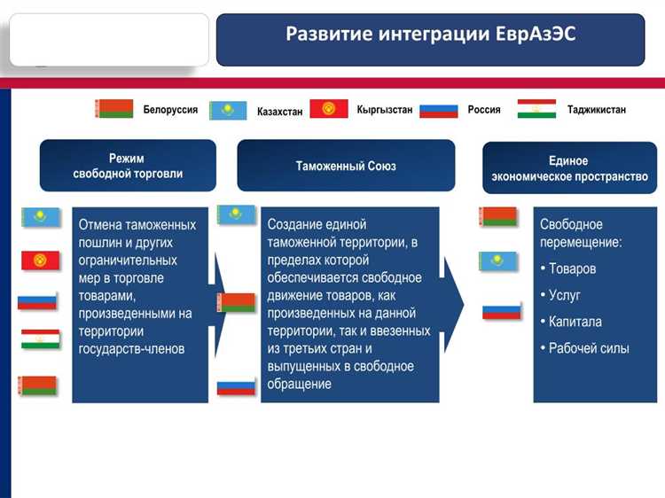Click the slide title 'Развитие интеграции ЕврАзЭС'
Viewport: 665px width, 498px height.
(430, 35)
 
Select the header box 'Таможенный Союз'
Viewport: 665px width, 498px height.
(346, 166)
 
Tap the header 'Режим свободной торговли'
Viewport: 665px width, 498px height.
(128, 166)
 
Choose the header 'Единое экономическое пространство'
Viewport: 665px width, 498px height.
(569, 168)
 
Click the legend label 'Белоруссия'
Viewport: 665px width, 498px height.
(170, 110)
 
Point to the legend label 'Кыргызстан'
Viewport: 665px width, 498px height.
(384, 110)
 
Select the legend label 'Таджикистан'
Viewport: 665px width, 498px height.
(596, 110)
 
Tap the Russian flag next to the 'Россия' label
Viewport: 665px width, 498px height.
(438, 110)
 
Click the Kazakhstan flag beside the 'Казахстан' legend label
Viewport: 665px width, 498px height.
(228, 111)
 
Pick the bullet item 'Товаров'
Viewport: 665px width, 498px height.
(572, 268)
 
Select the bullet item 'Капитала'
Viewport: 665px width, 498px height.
(575, 322)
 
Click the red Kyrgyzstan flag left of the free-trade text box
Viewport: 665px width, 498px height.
(40, 260)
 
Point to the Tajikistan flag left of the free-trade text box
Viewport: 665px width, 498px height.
(40, 338)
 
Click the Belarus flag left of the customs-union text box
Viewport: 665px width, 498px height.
(236, 303)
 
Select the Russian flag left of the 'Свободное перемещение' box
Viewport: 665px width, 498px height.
(501, 311)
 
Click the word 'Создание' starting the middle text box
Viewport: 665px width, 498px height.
(294, 224)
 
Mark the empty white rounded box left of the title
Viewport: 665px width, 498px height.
(109, 39)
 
